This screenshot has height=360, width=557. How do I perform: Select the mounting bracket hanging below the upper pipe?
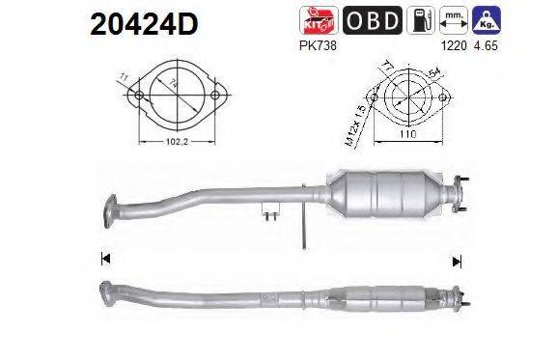(x=271, y=210)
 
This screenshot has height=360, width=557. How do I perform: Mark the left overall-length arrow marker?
(x=104, y=259)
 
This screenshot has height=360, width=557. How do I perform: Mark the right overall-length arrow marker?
(x=458, y=259)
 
